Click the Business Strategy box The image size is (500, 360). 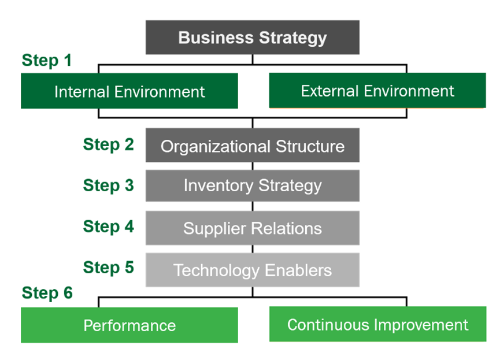(252, 38)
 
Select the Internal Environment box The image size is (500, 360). (129, 91)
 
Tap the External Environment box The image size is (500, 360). (377, 91)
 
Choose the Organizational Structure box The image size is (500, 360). (252, 145)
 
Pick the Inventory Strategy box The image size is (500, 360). (252, 185)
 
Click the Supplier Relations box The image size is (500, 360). (252, 228)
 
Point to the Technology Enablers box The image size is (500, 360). (252, 270)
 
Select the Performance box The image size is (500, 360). (129, 325)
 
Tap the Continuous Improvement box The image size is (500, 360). (378, 324)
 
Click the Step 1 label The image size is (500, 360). (47, 60)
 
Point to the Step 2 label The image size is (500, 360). (109, 144)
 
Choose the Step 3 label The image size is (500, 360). (109, 185)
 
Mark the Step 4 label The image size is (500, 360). (109, 227)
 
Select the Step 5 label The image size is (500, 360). (109, 267)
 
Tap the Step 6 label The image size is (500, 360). (47, 293)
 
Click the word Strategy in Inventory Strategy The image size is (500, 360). (290, 186)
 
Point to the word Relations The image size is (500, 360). (286, 228)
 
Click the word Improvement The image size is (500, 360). (421, 325)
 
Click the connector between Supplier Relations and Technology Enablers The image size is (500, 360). (253, 249)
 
